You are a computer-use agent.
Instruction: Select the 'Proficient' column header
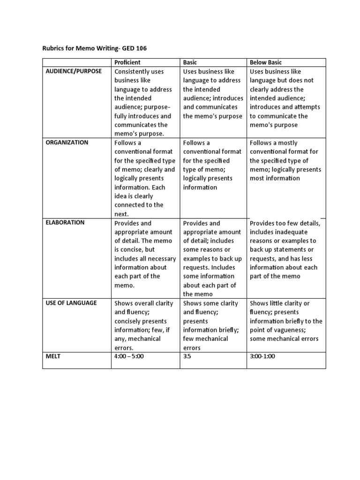127,62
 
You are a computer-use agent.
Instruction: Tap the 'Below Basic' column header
266,62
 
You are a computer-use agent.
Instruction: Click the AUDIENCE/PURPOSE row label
73,71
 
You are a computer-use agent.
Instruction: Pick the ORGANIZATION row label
67,142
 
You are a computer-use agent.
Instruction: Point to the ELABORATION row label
65,223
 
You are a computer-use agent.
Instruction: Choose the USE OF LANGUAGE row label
71,303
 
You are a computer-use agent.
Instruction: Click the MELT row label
53,356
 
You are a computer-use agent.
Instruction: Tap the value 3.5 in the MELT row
187,356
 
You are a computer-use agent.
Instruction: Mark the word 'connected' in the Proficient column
130,205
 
